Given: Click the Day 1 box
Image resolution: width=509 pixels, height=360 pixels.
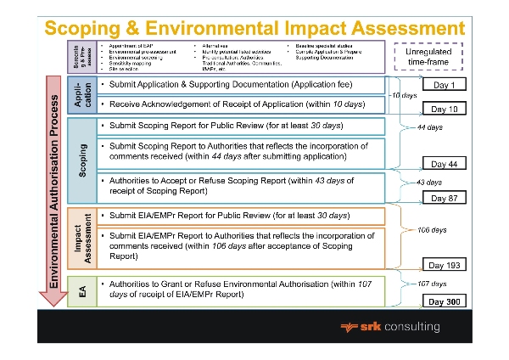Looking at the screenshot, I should click(x=444, y=86).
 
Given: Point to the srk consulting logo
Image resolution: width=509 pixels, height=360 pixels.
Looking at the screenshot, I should click(x=389, y=326).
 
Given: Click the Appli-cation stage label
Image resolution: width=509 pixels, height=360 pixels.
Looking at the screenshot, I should click(x=81, y=96).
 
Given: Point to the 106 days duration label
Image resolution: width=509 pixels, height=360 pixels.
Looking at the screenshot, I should click(x=433, y=230).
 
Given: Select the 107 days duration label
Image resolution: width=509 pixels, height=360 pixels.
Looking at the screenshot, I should click(x=432, y=283).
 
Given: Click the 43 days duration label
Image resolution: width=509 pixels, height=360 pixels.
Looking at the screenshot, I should click(x=428, y=183).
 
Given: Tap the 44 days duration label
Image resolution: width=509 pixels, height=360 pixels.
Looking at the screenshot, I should click(x=430, y=127).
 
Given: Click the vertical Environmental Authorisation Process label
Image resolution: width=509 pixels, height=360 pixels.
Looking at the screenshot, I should click(x=53, y=187).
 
